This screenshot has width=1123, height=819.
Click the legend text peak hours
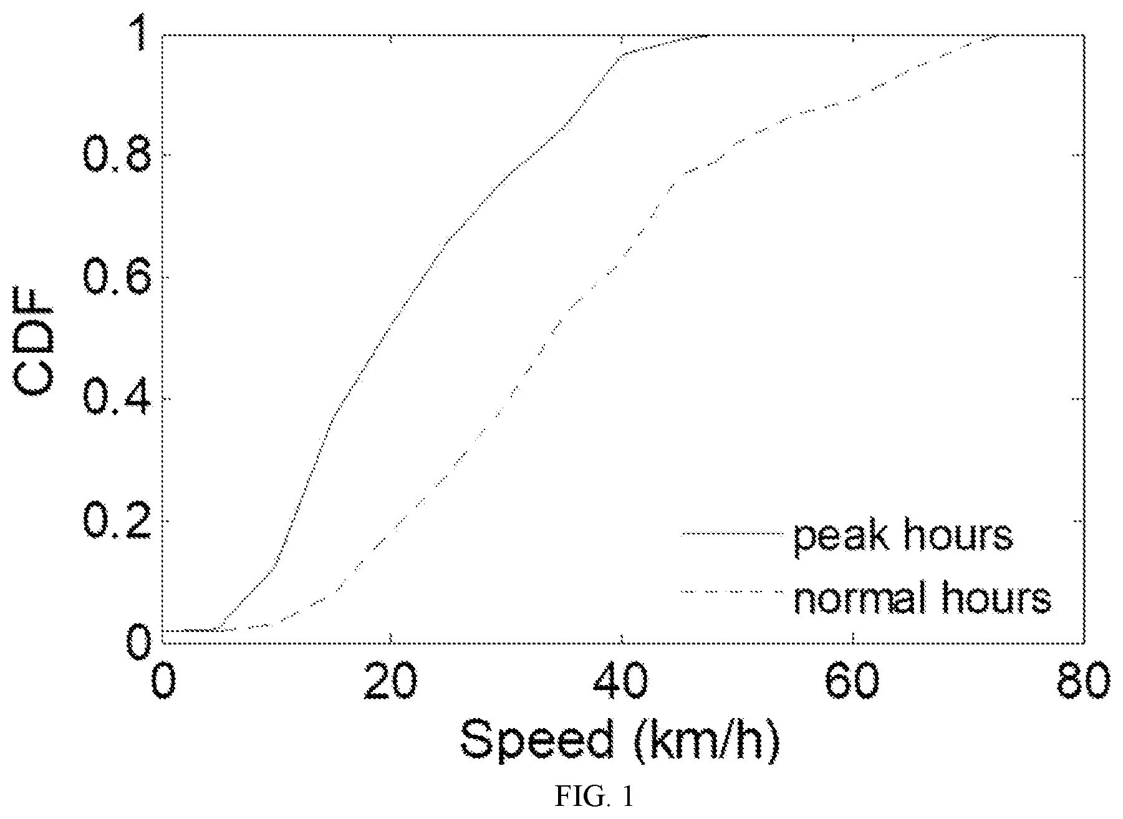pyautogui.click(x=903, y=537)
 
